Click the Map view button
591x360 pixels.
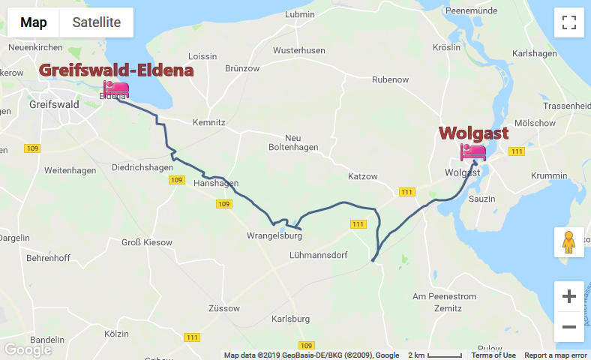coord(34,22)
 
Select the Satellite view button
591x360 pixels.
coord(96,22)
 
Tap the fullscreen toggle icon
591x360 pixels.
coord(568,22)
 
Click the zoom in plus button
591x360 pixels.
coord(568,296)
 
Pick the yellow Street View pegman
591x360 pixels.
coord(568,242)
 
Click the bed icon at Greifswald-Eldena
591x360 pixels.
coord(116,90)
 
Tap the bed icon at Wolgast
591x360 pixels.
coord(473,153)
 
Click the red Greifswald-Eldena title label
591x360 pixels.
coord(116,70)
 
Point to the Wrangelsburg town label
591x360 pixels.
coord(274,235)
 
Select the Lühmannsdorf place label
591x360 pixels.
coord(318,255)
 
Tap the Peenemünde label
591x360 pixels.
coord(472,10)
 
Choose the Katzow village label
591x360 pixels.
coord(363,176)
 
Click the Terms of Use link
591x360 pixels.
coord(493,355)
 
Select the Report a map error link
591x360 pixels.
coord(556,355)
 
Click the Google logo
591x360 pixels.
coord(28,349)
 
